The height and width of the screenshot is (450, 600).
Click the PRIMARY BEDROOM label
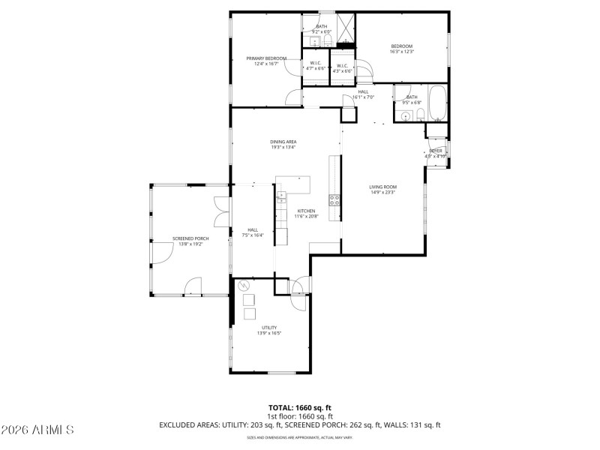[x=270, y=58]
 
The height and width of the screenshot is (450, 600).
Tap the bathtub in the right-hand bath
[x=438, y=103]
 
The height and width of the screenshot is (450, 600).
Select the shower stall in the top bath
[x=344, y=28]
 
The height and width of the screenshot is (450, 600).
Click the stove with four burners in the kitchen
[x=334, y=199]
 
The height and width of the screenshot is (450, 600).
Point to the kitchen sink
[x=282, y=198]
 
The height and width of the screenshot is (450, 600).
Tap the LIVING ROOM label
[x=382, y=187]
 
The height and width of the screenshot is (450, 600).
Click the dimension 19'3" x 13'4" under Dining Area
[x=283, y=147]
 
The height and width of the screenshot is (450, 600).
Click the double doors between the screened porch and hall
[x=220, y=210]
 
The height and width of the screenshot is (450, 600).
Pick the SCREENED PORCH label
[x=190, y=238]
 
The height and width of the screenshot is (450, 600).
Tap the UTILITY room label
[x=269, y=327]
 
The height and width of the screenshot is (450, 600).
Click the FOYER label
[x=436, y=151]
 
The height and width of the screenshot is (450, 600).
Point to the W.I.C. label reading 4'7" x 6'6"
[x=315, y=65]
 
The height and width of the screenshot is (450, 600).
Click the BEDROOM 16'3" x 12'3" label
[x=401, y=46]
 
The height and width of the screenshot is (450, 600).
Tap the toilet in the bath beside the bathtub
[x=421, y=115]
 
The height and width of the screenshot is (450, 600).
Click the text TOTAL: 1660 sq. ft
[x=299, y=407]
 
